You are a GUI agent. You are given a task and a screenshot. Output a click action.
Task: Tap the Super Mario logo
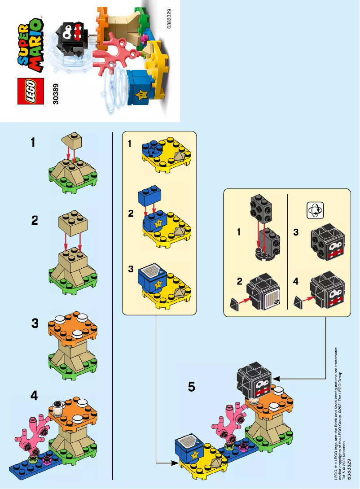pos(30,45)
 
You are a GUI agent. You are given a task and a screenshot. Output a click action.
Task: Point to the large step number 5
pos(192,386)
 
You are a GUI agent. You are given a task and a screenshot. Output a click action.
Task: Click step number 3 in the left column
pos(35,323)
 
